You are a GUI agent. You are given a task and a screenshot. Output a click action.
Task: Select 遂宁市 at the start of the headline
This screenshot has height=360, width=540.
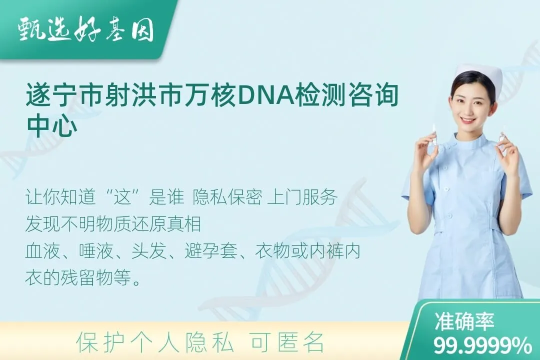(64, 95)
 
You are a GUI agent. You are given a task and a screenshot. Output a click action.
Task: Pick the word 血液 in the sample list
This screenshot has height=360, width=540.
(42, 251)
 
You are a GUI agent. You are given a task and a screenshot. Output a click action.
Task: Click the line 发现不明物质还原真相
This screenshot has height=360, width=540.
(113, 224)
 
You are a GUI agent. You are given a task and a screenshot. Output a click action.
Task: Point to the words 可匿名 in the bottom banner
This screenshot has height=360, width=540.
(287, 342)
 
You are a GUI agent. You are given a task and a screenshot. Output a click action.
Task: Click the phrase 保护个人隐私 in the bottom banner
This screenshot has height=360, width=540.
(155, 342)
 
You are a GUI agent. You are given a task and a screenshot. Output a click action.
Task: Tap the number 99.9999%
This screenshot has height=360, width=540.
(482, 345)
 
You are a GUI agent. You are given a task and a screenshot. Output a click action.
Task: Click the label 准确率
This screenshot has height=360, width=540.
(464, 321)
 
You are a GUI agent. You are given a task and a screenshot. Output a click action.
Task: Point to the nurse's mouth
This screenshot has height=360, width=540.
(468, 120)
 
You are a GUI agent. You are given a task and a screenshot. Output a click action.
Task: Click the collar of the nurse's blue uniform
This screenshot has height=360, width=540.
(466, 142)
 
